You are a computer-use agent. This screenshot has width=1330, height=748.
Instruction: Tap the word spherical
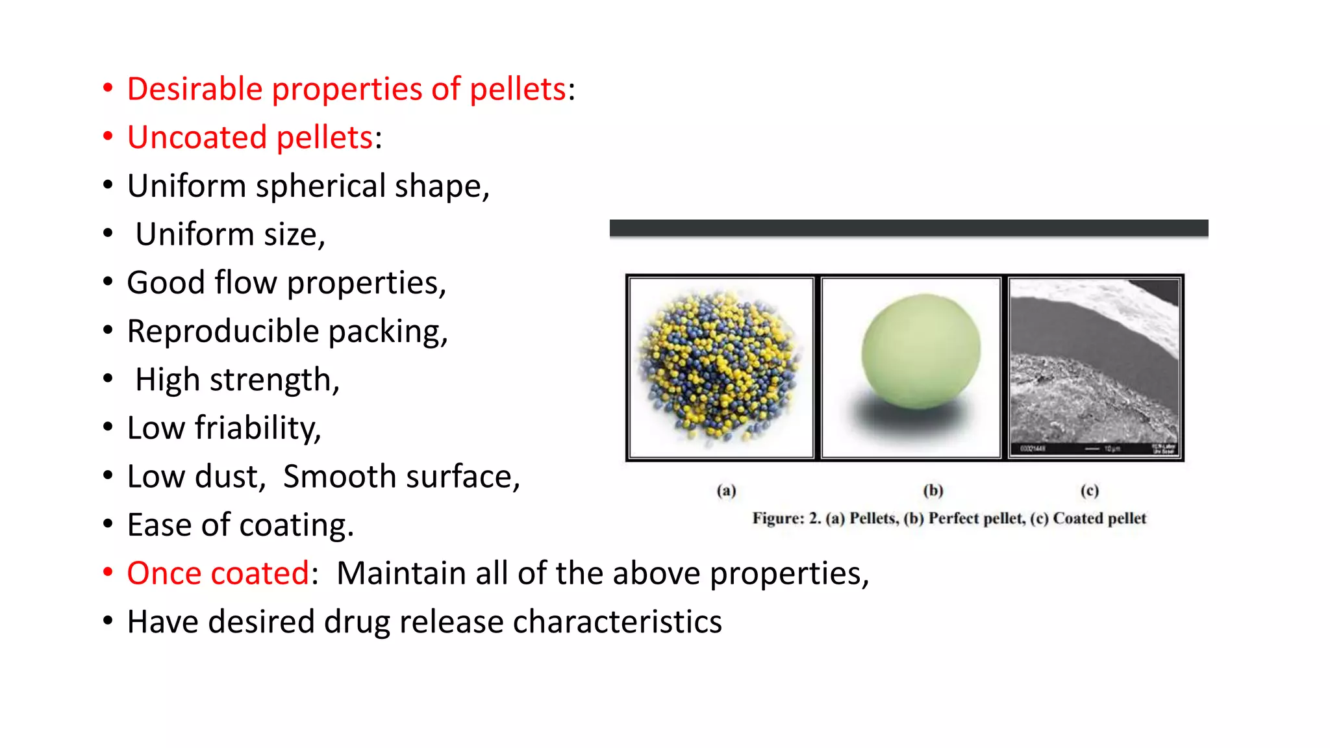(x=321, y=186)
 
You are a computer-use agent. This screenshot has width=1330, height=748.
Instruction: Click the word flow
(x=245, y=283)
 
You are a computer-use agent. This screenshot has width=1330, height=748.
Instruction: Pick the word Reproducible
(x=222, y=332)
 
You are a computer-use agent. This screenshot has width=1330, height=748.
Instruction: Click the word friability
(x=257, y=429)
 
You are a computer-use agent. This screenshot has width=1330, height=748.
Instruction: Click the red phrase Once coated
(x=218, y=574)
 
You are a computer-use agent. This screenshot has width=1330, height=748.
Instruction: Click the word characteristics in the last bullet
(x=617, y=622)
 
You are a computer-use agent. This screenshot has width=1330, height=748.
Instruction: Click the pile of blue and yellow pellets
(x=719, y=367)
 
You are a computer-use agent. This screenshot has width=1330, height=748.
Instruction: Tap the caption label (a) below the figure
(x=726, y=491)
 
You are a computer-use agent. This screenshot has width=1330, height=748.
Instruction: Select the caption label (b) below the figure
(x=933, y=491)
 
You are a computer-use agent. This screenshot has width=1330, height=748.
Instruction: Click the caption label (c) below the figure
(x=1089, y=491)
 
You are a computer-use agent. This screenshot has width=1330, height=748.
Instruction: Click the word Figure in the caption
(x=777, y=519)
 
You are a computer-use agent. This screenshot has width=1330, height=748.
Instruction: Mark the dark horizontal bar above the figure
(x=908, y=228)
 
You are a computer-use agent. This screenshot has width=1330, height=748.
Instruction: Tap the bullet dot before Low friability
(x=108, y=427)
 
